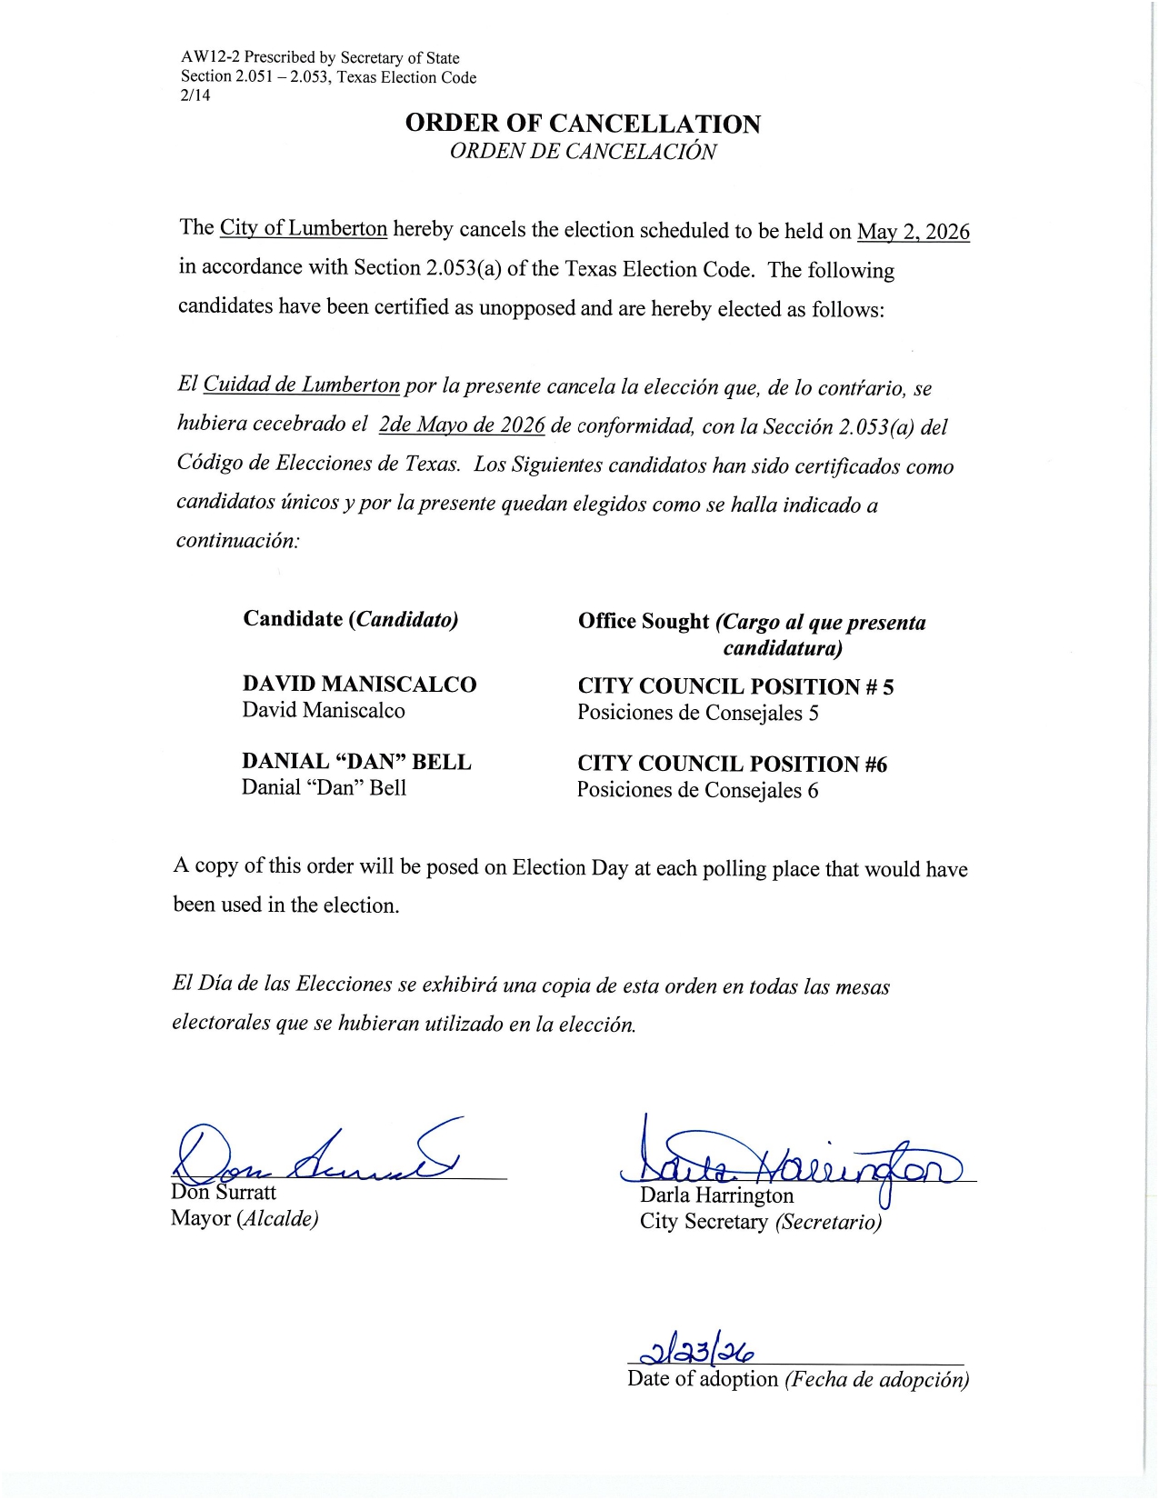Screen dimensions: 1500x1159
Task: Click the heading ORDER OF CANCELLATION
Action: coord(583,124)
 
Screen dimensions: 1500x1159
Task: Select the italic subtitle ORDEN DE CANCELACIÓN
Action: coord(583,151)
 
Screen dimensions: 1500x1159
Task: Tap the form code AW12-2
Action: coord(205,58)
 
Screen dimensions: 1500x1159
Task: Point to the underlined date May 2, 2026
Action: coord(913,232)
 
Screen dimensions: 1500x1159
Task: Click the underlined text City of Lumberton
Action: coord(304,228)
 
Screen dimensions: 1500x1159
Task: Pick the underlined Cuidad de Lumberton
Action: coord(301,385)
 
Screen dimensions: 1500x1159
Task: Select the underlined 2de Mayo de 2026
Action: coord(462,425)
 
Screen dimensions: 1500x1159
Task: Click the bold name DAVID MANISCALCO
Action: coord(359,685)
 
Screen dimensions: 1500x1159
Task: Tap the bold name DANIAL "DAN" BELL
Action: coord(356,762)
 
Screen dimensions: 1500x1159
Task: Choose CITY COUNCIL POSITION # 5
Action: coord(735,686)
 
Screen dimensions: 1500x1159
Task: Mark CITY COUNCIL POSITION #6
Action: coord(732,764)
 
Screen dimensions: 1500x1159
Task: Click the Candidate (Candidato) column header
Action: coord(351,619)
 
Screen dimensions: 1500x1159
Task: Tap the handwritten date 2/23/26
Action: coord(699,1352)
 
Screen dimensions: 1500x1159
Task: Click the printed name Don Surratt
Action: coord(224,1193)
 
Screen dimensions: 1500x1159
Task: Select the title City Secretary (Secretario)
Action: coord(761,1222)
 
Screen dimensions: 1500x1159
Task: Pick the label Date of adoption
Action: coord(703,1379)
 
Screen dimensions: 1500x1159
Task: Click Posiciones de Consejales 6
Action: coord(697,790)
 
